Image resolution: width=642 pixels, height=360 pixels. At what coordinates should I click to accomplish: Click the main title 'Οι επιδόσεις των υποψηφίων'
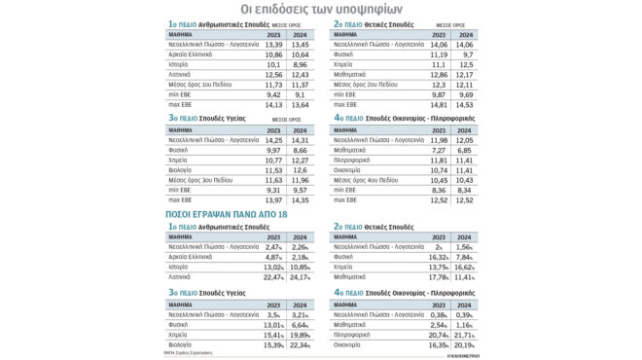[320, 12]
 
